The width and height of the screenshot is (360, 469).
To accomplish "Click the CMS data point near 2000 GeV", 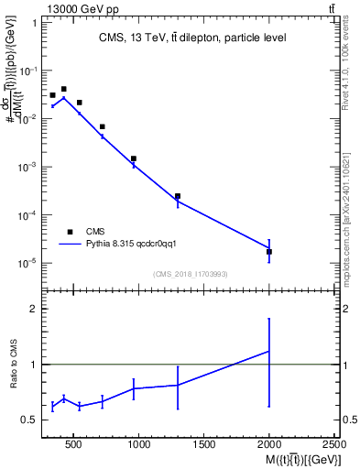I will tap(269, 251).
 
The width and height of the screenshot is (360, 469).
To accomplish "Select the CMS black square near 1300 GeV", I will tap(178, 196).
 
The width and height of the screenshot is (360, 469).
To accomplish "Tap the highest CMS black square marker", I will tap(63, 89).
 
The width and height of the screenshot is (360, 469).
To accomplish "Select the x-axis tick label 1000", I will tap(139, 445).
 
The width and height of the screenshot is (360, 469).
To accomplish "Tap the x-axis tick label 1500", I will tap(204, 445).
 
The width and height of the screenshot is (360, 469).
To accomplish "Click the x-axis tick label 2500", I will tap(334, 445).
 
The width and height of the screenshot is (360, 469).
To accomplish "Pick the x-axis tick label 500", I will tap(74, 445).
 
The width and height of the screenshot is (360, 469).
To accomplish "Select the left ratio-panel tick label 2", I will tap(32, 310).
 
